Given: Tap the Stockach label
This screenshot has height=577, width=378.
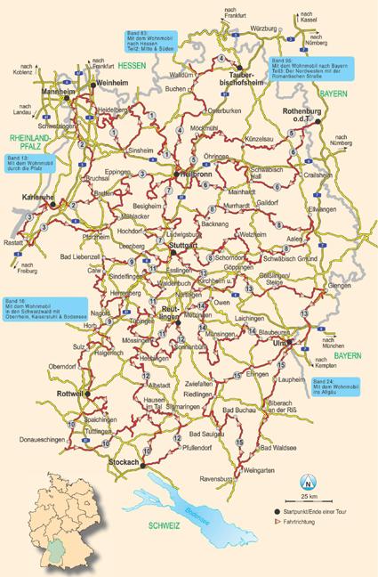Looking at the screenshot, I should [125, 464].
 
